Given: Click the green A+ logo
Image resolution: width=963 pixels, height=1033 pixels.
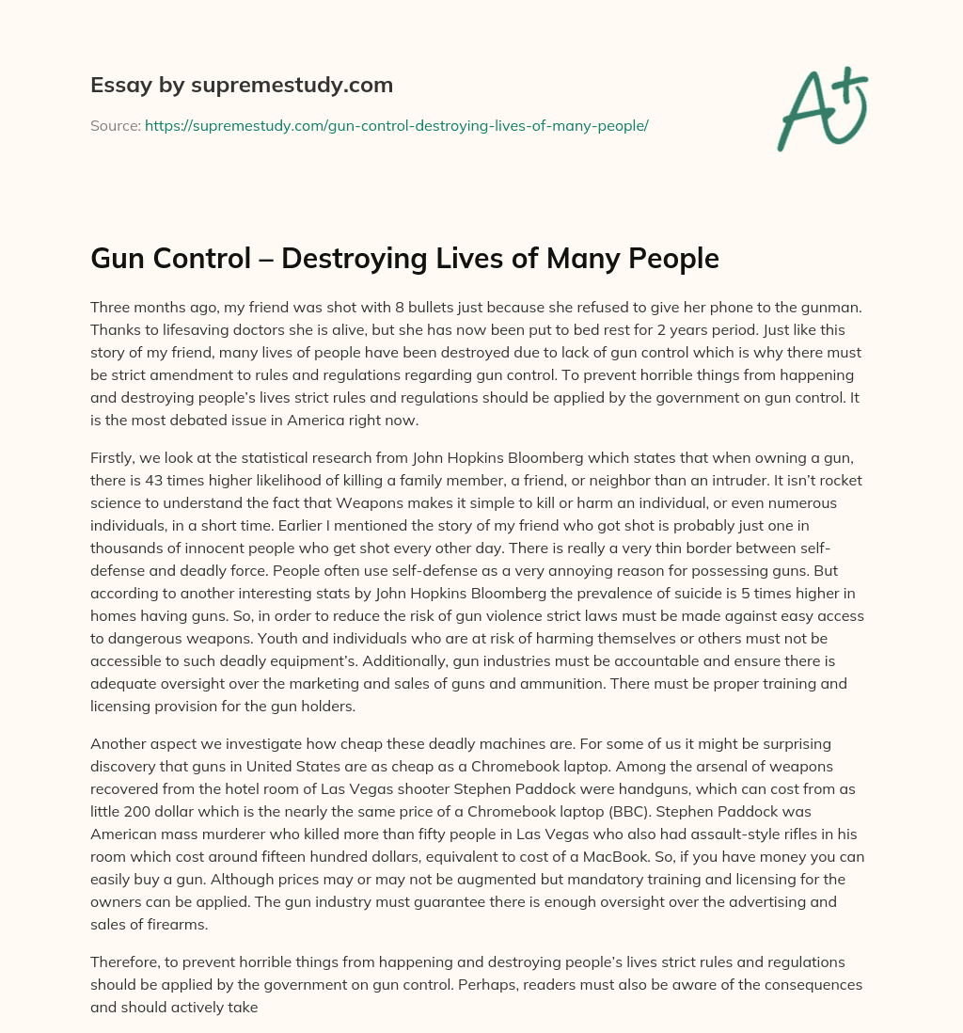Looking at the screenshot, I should [821, 110].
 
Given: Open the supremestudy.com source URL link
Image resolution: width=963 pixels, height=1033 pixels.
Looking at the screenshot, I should [396, 125].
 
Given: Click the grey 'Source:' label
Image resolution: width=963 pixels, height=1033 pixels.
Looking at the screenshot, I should [115, 125].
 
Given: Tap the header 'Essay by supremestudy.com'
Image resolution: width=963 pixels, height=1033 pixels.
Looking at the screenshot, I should [241, 86].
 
